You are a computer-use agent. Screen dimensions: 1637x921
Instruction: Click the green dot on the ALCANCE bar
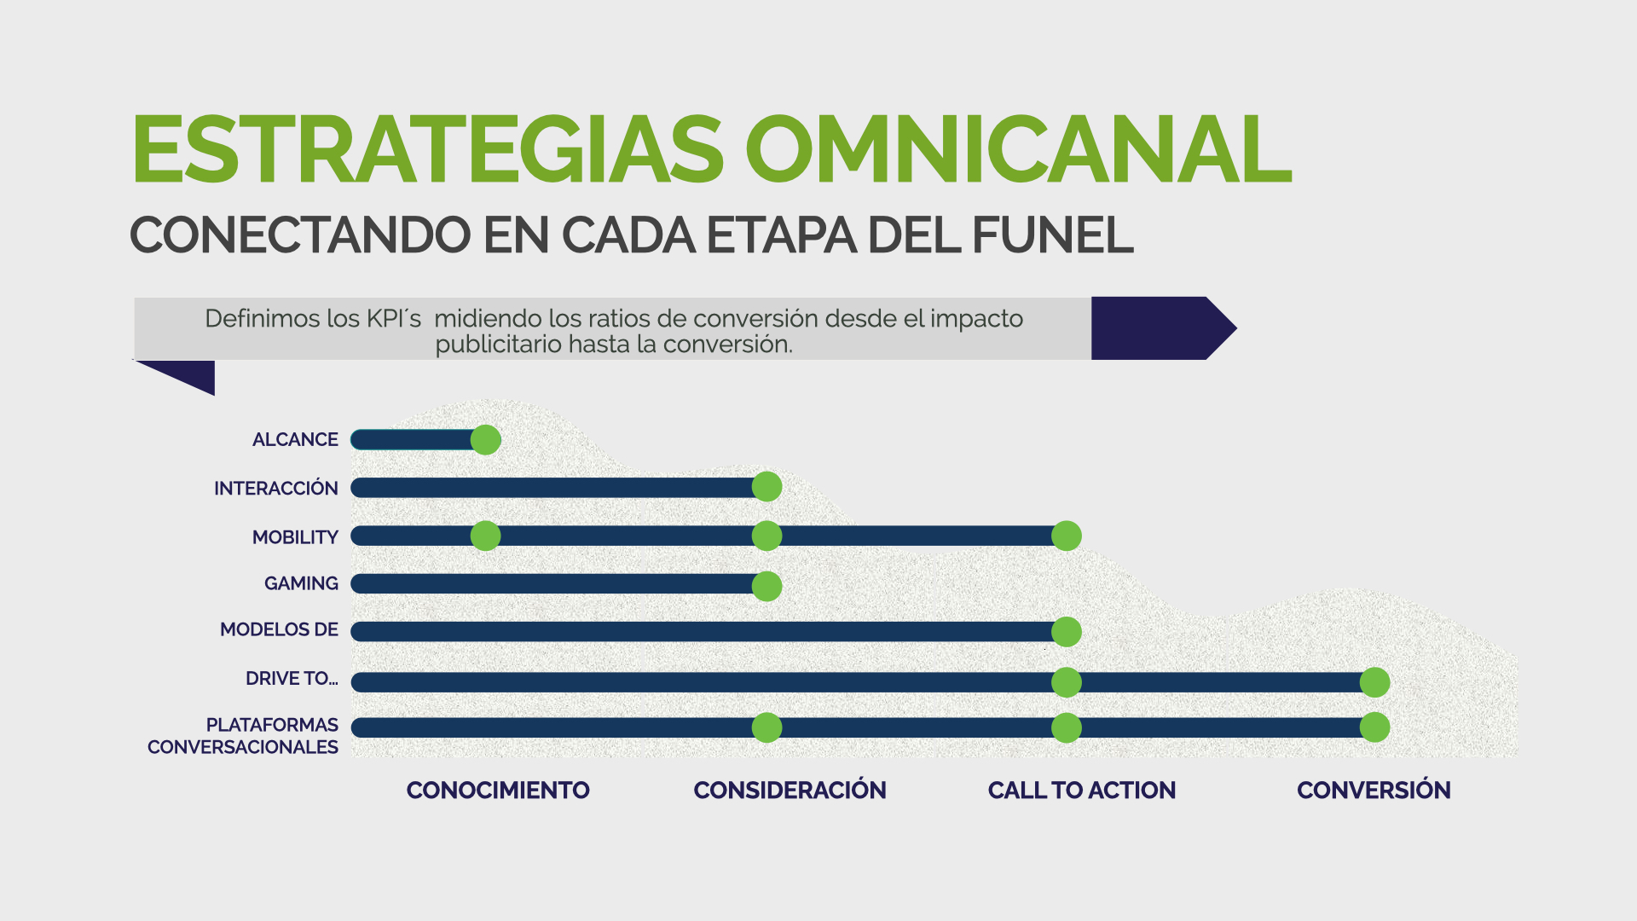point(485,440)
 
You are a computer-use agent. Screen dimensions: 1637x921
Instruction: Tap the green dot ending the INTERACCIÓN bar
point(766,487)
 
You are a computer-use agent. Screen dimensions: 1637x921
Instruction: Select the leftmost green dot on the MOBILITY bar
point(485,536)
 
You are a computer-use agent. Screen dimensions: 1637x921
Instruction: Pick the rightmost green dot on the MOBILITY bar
point(1067,536)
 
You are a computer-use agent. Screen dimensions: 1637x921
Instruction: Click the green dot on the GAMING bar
point(766,586)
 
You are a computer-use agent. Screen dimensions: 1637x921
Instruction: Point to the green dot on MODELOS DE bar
point(1067,632)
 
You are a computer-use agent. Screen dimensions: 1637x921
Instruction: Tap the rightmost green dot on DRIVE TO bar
point(1374,682)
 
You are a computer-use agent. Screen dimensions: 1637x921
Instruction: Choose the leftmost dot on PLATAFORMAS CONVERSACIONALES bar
point(766,727)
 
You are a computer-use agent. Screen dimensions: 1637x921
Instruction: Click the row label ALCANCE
point(295,439)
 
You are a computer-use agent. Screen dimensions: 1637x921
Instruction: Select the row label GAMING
point(301,583)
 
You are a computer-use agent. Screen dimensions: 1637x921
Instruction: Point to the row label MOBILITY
point(295,537)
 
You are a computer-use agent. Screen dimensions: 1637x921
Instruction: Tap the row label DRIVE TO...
point(292,678)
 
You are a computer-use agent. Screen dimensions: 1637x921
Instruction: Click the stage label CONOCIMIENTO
point(498,791)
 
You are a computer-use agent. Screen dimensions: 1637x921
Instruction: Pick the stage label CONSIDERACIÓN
point(790,790)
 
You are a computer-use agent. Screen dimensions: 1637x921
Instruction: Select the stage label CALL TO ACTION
point(1082,791)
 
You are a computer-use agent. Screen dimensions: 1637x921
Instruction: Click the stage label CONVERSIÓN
point(1374,790)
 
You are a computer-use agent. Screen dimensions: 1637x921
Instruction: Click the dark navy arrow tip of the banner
point(1236,327)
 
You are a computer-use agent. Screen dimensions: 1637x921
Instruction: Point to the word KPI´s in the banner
point(394,319)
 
